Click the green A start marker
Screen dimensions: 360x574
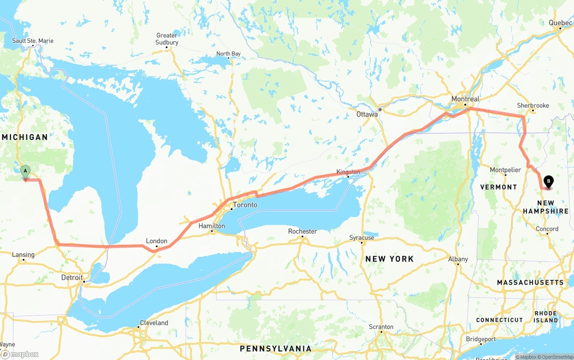[26, 171]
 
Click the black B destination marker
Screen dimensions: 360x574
[548, 182]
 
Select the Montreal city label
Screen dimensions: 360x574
[465, 99]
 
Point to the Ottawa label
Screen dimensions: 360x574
[367, 114]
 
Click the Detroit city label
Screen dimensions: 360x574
[72, 278]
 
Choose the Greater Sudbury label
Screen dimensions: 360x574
[167, 39]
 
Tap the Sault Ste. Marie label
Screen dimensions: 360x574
[33, 41]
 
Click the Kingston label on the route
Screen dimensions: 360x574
[348, 172]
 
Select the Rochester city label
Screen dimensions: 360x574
[302, 231]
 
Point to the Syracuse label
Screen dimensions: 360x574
[361, 238]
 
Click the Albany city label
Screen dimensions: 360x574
[458, 259]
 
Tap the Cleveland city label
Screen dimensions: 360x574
[154, 323]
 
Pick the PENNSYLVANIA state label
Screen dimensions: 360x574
[275, 349]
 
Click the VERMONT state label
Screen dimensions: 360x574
[499, 187]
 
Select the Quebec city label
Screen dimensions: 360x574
[560, 22]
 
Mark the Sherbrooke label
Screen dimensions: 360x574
[533, 105]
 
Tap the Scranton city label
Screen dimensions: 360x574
[381, 327]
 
